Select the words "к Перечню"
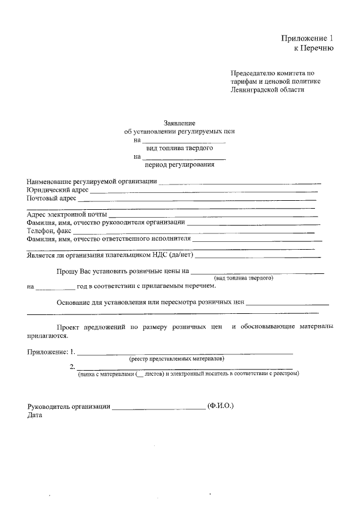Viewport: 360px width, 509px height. (314, 48)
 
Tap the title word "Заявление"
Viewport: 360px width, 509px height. (179, 123)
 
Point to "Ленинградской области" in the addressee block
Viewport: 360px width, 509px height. (267, 89)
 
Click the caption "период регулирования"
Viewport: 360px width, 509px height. (179, 165)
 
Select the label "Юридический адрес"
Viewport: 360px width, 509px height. (58, 190)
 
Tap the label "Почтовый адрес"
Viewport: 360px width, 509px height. (51, 199)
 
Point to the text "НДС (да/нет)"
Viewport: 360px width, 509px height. (174, 255)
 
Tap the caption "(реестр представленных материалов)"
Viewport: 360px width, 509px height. (177, 358)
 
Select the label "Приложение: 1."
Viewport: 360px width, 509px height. (51, 352)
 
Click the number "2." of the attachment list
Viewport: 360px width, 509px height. (72, 367)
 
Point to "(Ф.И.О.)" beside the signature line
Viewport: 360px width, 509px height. (220, 406)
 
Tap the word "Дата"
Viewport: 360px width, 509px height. (34, 415)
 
